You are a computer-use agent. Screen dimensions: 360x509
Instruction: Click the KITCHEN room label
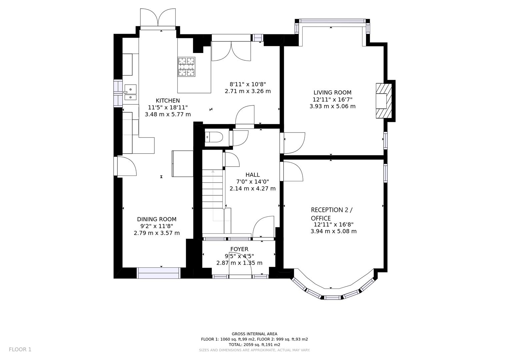[x=168, y=100]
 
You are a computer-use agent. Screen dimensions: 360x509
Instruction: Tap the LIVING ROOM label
[x=332, y=92]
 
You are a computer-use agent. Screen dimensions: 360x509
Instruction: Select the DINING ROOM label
[x=157, y=219]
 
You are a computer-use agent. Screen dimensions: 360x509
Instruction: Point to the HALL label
[x=252, y=175]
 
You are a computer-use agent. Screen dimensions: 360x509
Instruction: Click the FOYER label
[x=239, y=249]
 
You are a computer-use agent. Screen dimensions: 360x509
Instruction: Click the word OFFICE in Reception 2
[x=321, y=218]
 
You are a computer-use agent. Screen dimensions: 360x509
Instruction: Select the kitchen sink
[x=130, y=92]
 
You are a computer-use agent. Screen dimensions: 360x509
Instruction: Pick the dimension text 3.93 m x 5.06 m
[x=332, y=106]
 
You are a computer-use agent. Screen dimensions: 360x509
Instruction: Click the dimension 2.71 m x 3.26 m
[x=248, y=91]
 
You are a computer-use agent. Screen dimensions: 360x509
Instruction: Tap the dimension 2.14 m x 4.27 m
[x=252, y=188]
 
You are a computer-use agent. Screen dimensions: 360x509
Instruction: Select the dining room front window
[x=159, y=273]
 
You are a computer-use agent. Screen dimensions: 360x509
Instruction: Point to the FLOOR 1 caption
[x=20, y=349]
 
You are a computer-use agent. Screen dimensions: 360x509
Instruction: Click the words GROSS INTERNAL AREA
[x=254, y=334]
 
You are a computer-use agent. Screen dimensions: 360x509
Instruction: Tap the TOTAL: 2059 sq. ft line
[x=254, y=345]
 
